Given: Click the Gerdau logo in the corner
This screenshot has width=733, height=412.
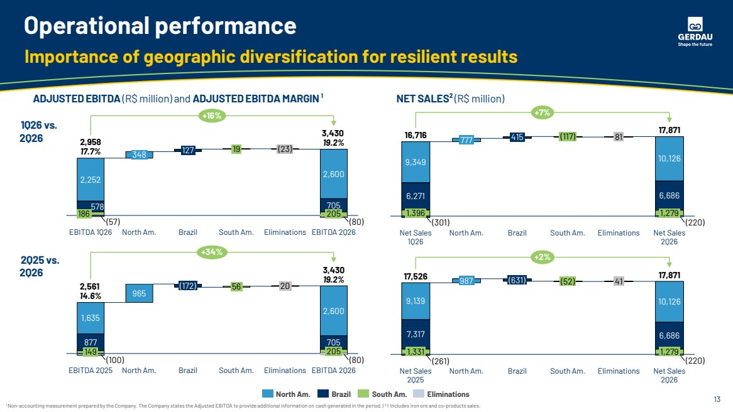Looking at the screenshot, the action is (695, 31).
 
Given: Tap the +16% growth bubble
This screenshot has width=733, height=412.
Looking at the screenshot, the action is (212, 116).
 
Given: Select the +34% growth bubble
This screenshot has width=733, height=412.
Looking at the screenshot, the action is (212, 252).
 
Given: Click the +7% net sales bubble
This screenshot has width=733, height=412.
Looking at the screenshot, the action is (543, 112).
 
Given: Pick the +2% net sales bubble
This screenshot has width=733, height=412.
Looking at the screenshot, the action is (543, 257).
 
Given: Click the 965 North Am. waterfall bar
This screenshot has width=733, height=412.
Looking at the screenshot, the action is (139, 293).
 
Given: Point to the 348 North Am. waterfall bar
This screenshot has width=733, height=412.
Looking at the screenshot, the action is (139, 154).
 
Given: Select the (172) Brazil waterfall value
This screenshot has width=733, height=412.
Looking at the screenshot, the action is (188, 285).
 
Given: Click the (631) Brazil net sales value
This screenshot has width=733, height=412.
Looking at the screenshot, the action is (517, 280).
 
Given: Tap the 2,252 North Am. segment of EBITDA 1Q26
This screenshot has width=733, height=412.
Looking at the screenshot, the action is (91, 180).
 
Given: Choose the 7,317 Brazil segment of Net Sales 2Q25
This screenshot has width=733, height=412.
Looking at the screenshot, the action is (415, 334).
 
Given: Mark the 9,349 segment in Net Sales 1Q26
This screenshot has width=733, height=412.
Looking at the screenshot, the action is (415, 162).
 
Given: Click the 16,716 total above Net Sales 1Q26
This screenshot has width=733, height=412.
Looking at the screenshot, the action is (415, 136).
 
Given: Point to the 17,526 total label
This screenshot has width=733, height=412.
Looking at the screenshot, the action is (415, 276).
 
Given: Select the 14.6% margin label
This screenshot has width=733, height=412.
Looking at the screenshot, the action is (91, 296).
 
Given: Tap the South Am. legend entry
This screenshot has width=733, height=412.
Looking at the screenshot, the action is (382, 394).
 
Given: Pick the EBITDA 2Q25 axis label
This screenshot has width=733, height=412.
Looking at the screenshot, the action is (91, 371).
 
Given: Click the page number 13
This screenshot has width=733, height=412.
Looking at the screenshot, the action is (717, 399).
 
